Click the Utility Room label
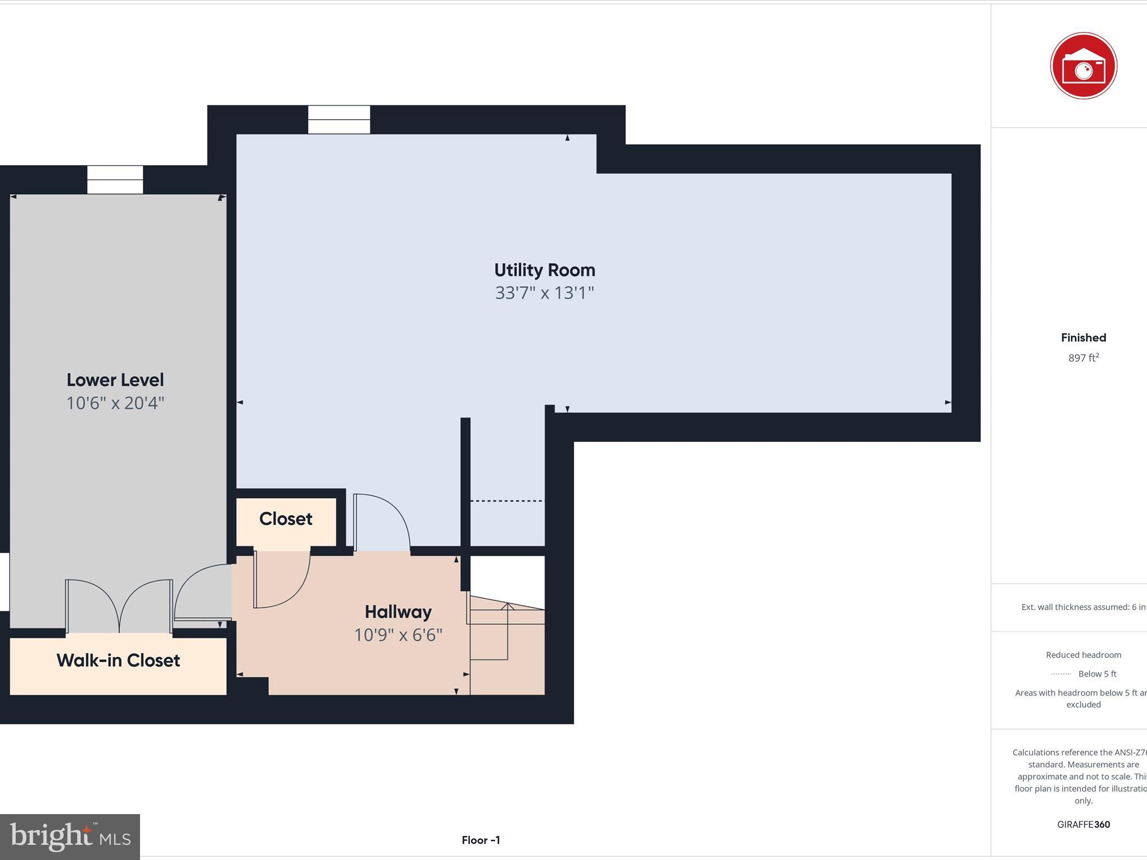(544, 270)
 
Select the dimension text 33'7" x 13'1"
(544, 293)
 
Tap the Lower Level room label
(115, 380)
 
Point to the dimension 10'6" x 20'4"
(115, 403)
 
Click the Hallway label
(398, 612)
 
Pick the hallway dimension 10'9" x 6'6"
(398, 635)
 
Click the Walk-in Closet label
(118, 661)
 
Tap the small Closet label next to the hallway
(286, 519)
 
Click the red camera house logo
(1083, 66)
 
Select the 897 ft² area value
(1083, 358)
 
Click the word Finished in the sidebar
(1083, 338)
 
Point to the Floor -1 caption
(481, 840)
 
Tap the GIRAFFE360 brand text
(1083, 824)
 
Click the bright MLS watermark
(70, 836)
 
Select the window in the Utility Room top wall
(339, 119)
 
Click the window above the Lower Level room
(115, 180)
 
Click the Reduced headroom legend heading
(1083, 655)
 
